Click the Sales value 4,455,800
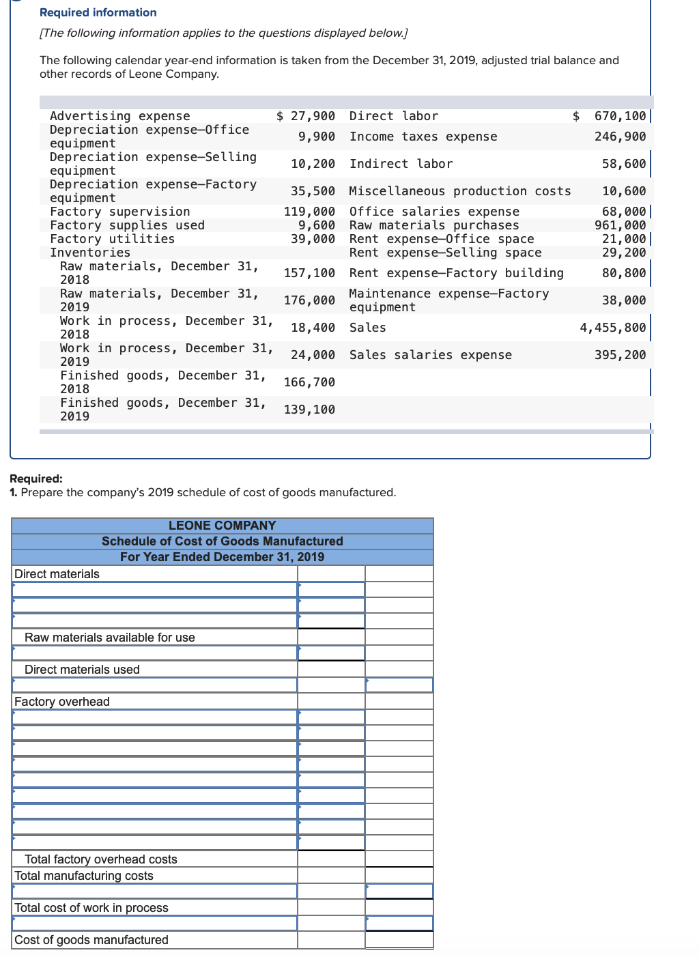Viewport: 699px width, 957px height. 612,328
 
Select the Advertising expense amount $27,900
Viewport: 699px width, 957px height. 306,116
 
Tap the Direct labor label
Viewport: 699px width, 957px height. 393,116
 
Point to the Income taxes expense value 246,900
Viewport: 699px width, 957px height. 620,137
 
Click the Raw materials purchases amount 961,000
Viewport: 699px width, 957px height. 620,225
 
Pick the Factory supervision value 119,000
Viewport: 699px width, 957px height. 309,212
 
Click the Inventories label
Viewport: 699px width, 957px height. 90,253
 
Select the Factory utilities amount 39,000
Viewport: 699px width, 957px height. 313,239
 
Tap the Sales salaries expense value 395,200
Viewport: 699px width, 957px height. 620,355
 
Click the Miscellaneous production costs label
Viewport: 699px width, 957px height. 459,191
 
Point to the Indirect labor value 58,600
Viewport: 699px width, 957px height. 623,164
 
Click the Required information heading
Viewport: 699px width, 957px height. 98,12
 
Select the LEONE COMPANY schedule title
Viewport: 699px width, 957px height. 222,526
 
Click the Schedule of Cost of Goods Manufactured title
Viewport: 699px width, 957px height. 222,541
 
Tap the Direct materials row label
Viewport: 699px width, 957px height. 57,574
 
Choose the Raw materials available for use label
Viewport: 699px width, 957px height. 109,638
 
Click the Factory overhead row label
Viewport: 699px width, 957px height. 61,702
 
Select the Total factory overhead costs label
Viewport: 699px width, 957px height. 100,859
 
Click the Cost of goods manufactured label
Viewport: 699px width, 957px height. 91,940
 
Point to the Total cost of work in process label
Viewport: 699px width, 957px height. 91,908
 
